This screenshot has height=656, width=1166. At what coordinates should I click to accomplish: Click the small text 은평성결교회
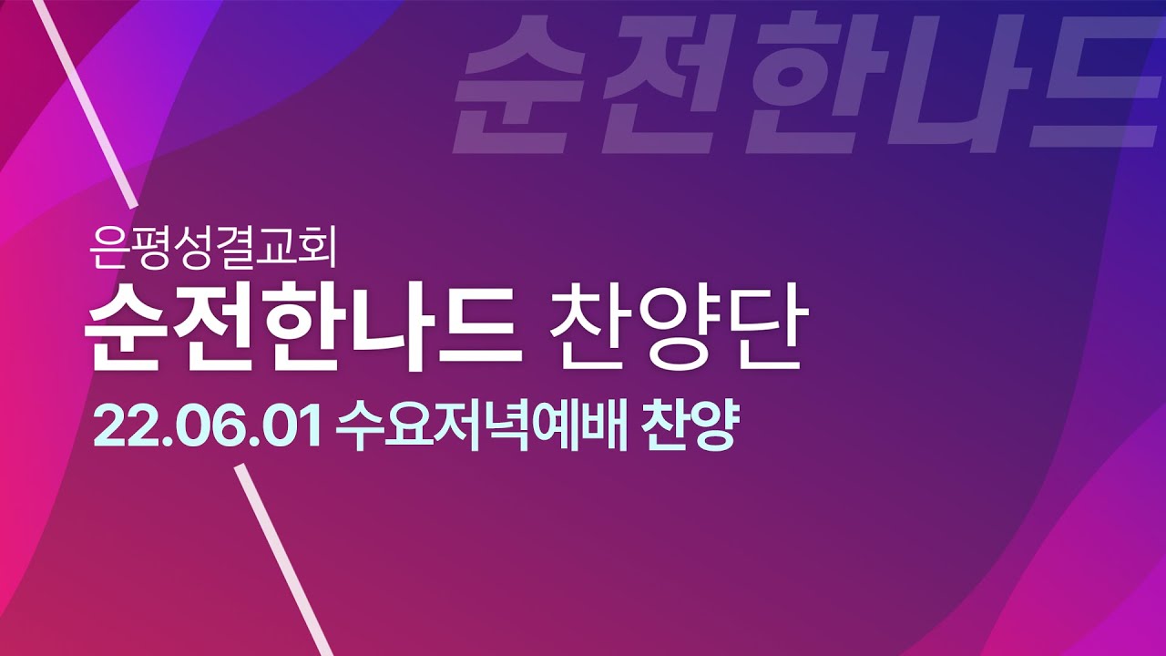coord(212,249)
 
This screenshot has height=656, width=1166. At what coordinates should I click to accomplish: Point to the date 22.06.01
coord(207,427)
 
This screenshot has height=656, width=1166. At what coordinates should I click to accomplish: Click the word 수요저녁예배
coord(482,427)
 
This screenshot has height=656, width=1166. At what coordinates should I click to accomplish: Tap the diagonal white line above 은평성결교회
coord(85,103)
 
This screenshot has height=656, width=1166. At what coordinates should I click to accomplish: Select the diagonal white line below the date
coord(283,560)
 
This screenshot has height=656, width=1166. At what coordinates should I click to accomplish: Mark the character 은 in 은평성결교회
coord(108,249)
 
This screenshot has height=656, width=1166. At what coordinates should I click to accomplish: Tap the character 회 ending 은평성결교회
coord(317,249)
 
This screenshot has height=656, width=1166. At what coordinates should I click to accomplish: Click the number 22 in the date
coord(123,427)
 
